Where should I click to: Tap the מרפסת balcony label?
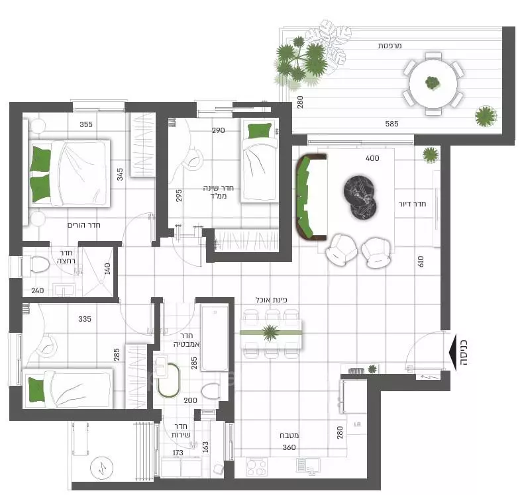(390, 46)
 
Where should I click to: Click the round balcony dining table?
(434, 83)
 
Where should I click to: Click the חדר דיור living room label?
(411, 204)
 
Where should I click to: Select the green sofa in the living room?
(309, 197)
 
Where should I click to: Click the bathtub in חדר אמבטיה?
(214, 337)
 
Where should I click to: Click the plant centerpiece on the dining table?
(270, 332)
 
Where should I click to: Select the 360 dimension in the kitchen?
(289, 447)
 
